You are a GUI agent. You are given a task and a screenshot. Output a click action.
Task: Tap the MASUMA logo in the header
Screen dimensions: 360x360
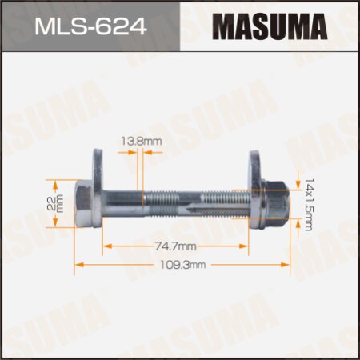coord(268,28)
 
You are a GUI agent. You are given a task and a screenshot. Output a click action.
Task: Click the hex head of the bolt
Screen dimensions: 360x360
coord(82,194)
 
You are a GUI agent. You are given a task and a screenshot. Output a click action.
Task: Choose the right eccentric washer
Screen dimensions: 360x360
coord(256,194)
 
